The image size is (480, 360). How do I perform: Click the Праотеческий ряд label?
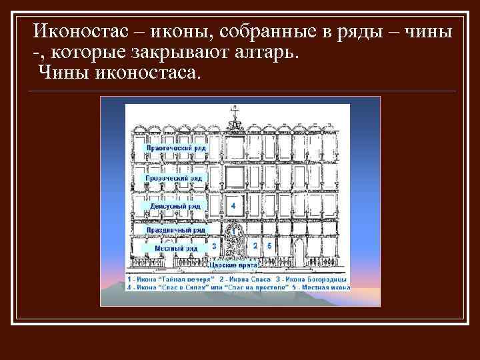(x=176, y=149)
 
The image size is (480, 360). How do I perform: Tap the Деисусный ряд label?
(x=175, y=207)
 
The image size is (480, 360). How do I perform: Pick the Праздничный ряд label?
(x=176, y=230)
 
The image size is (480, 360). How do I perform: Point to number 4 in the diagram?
(x=233, y=207)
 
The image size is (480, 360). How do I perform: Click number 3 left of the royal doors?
(x=213, y=246)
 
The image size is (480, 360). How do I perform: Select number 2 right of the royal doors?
(x=255, y=246)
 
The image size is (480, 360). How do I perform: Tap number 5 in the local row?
(x=269, y=246)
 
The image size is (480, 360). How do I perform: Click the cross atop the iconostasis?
(x=233, y=115)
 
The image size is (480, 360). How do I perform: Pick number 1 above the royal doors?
(x=233, y=227)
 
